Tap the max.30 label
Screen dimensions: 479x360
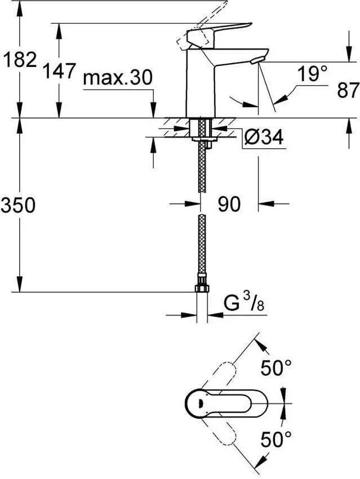[118, 78]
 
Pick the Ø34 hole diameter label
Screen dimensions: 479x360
[264, 136]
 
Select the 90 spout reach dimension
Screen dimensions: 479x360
[229, 205]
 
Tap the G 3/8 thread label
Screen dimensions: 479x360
[244, 304]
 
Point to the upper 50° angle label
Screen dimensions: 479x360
[277, 369]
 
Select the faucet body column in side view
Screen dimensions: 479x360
[201, 85]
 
